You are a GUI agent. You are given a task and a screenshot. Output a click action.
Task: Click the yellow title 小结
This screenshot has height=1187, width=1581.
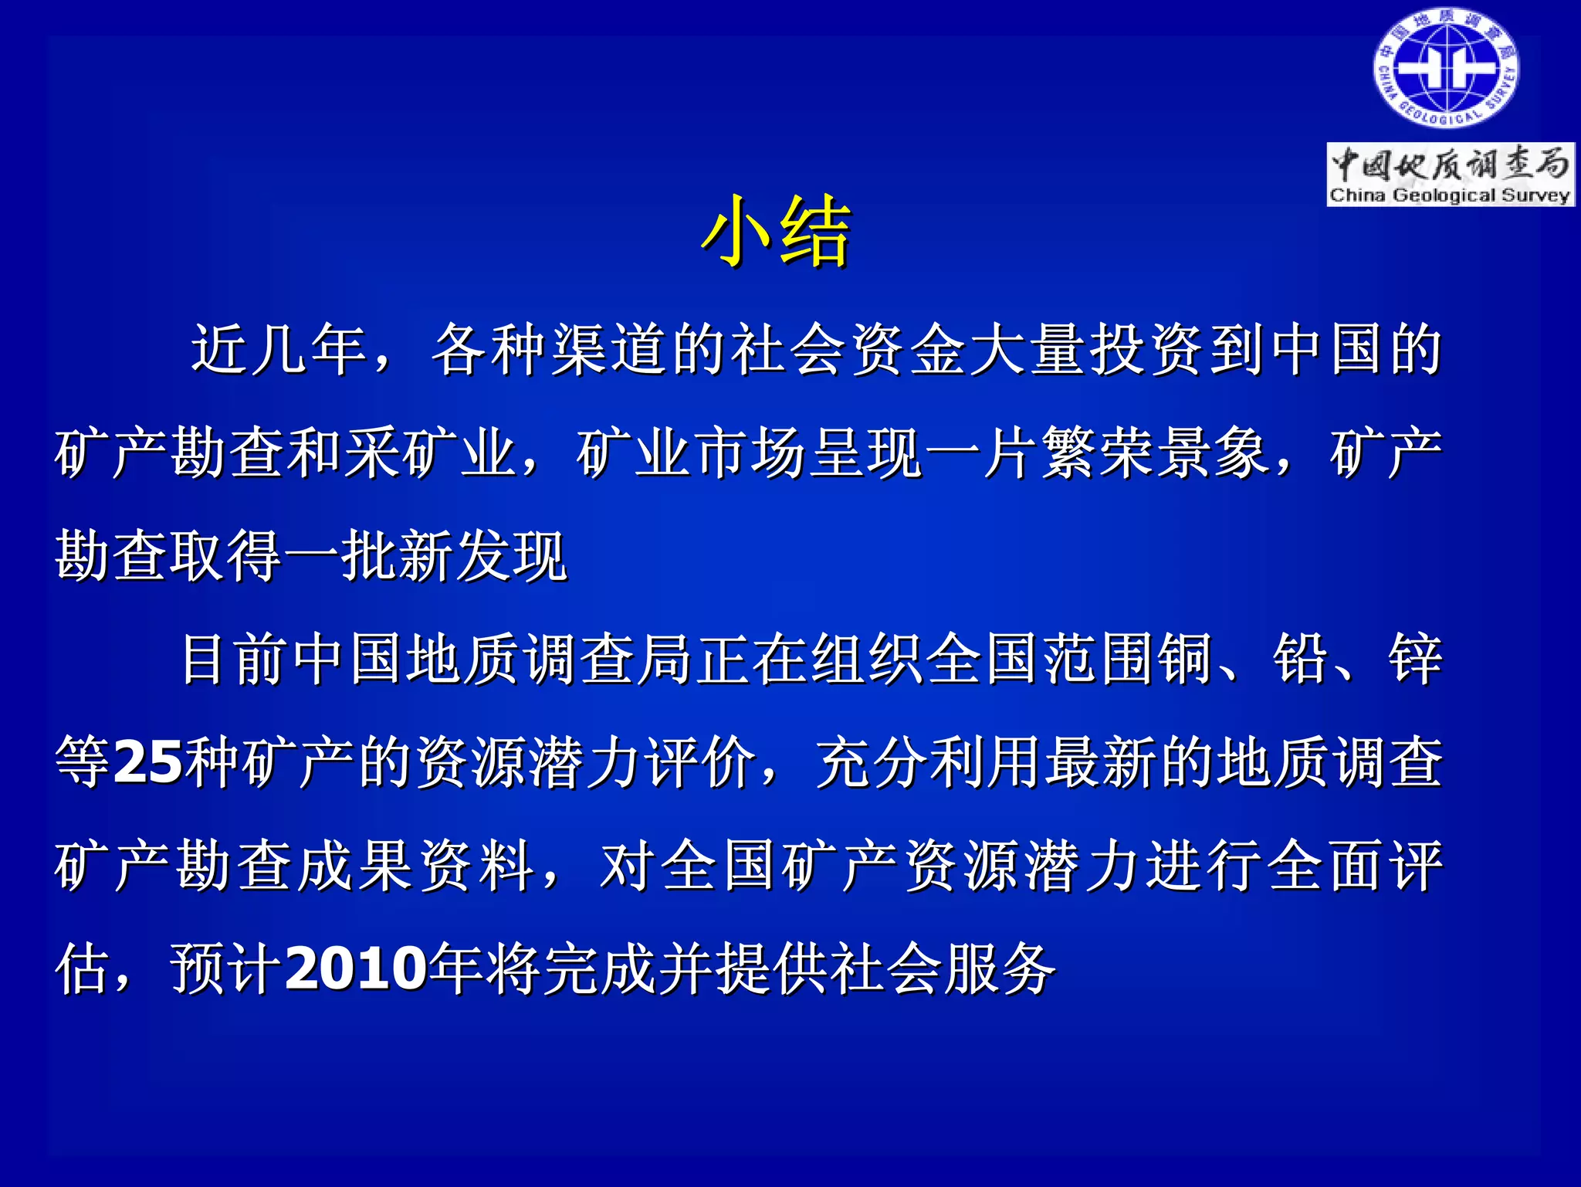[x=776, y=232]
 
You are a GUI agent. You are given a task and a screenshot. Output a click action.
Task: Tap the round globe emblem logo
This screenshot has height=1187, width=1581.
[x=1445, y=70]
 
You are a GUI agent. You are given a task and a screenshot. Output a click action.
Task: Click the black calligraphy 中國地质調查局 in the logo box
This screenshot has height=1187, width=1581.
[x=1450, y=164]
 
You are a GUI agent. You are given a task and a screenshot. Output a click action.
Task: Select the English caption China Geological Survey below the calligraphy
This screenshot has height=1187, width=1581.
[x=1450, y=195]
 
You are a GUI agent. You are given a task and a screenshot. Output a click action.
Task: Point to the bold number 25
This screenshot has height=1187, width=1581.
[x=148, y=763]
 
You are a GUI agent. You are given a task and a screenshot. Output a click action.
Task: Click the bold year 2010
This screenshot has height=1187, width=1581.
[x=356, y=969]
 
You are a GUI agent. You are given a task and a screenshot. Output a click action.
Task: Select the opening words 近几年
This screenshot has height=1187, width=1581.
[x=279, y=350]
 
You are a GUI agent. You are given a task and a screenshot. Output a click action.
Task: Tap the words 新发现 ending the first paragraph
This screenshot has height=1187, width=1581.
[x=483, y=556]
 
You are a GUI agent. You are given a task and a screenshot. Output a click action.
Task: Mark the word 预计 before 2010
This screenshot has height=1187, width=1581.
[x=226, y=969]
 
